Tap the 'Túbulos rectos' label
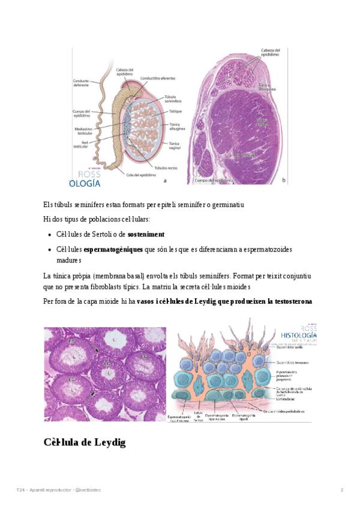point(166,167)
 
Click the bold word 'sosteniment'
point(146,233)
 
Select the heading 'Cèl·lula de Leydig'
point(84,442)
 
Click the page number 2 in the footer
point(341,491)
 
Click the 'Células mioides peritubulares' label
point(283,411)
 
